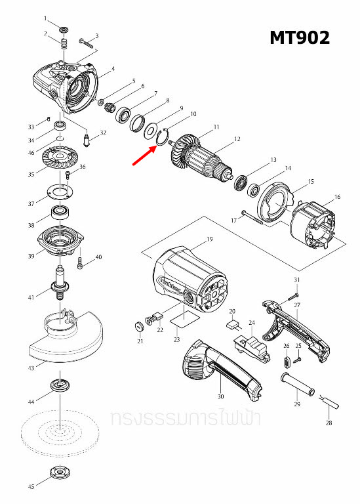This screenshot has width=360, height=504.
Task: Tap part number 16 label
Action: [x=337, y=197]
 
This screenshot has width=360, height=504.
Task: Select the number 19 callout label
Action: [x=210, y=240]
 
